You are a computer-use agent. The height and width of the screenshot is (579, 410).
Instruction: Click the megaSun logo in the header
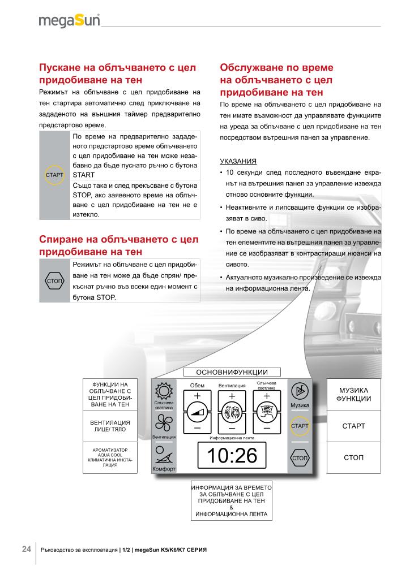click(69, 21)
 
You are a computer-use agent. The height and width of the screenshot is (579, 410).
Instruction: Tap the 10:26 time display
click(232, 456)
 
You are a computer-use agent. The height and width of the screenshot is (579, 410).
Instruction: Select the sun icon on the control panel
click(163, 391)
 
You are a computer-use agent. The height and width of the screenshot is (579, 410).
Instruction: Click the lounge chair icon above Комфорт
click(163, 456)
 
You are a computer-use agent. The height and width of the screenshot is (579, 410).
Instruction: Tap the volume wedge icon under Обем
click(197, 413)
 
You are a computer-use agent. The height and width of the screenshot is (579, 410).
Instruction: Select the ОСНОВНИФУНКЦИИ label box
click(231, 372)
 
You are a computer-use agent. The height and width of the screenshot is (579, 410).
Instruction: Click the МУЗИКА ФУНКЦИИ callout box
click(353, 394)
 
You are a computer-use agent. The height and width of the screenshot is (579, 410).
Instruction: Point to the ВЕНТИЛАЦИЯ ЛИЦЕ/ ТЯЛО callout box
click(110, 426)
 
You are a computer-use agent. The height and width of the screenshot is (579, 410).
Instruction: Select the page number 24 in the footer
click(27, 549)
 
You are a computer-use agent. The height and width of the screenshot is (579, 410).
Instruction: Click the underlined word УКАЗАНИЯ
click(237, 161)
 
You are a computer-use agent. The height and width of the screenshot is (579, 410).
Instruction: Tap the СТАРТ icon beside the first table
click(54, 174)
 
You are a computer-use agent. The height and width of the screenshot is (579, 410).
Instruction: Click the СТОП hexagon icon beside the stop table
click(54, 281)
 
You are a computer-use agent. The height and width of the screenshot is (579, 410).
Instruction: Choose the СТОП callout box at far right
click(353, 457)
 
